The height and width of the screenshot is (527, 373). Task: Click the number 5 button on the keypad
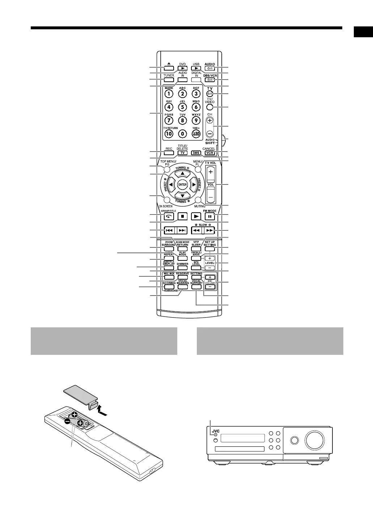tap(182, 107)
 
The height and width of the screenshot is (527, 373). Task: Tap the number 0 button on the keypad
tap(182, 133)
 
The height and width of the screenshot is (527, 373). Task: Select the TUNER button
tap(169, 80)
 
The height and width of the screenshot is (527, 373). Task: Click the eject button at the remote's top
tap(169, 68)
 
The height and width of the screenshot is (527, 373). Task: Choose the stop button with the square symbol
tap(183, 216)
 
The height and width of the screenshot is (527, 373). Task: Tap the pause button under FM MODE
tap(209, 216)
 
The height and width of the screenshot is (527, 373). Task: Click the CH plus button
tap(209, 120)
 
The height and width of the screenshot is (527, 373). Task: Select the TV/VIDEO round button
tap(209, 107)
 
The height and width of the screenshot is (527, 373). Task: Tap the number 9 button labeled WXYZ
tap(196, 120)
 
